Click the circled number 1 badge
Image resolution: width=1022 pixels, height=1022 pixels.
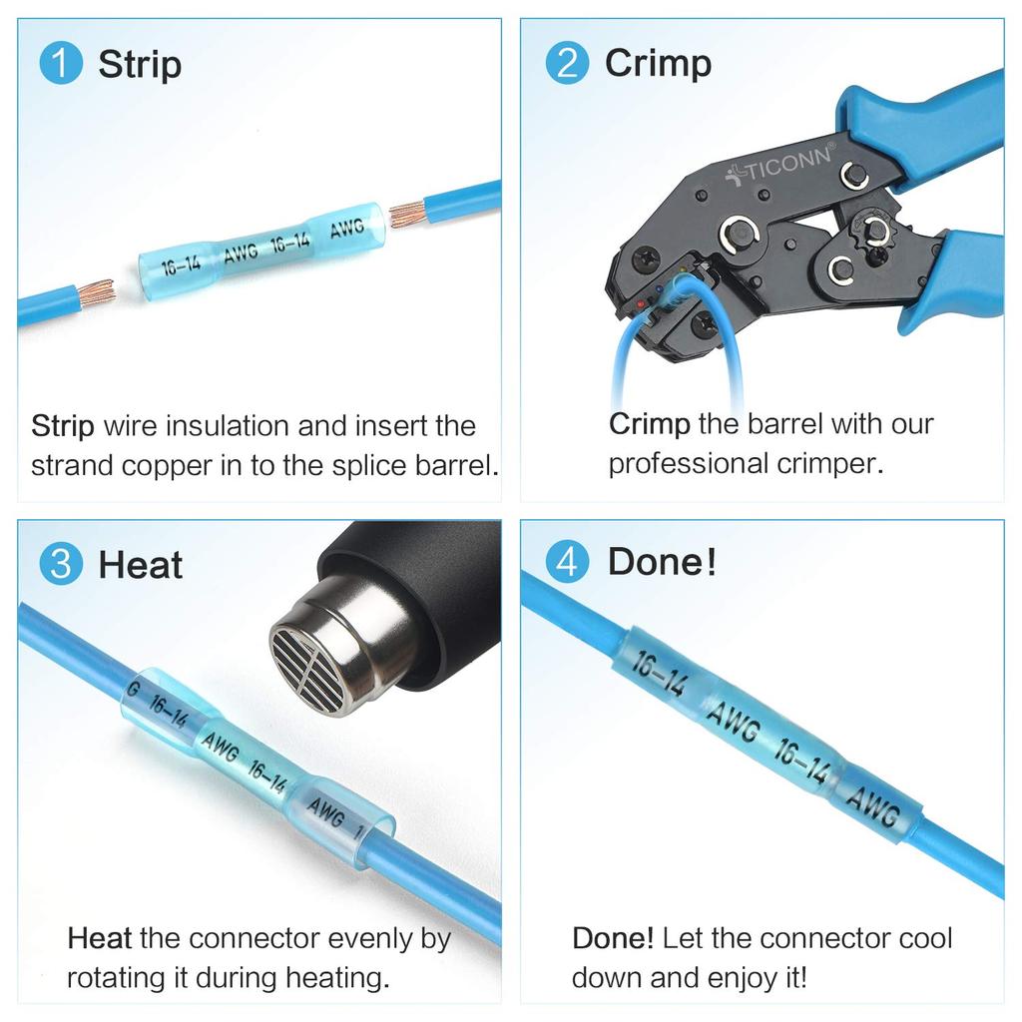[60, 64]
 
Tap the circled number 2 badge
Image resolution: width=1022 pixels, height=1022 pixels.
[567, 63]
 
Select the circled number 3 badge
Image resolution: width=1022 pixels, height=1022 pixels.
[60, 564]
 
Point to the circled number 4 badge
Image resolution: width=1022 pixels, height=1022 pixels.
[567, 562]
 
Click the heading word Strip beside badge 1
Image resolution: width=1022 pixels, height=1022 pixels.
[140, 65]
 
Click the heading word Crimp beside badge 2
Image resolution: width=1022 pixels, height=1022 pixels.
[658, 63]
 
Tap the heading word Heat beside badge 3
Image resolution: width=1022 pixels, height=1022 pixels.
[140, 565]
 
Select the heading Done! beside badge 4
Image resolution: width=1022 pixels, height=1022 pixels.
[662, 562]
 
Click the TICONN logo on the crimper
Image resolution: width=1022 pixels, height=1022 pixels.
[782, 169]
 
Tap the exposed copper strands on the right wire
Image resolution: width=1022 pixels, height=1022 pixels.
[406, 213]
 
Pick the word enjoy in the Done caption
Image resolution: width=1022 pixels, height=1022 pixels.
[736, 977]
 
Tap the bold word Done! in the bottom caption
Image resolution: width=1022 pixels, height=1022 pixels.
[613, 938]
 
